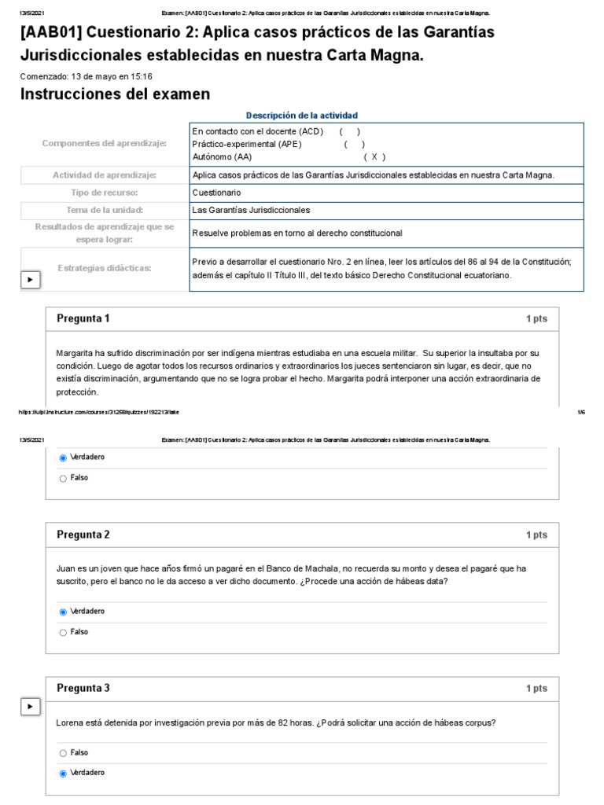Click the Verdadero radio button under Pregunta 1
point(63,457)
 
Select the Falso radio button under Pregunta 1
point(63,478)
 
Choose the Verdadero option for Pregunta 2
point(63,611)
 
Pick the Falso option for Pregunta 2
point(63,632)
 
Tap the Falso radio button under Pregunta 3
point(63,752)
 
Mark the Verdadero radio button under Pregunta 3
point(63,773)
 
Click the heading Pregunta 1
point(83,318)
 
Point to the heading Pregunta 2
point(83,535)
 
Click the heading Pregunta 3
point(83,688)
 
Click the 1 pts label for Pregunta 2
point(536,535)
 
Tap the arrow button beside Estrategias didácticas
point(30,279)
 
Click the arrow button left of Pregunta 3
point(30,707)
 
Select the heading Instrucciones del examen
point(115,95)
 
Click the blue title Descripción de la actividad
point(302,115)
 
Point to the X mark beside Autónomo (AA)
point(374,156)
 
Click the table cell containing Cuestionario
point(386,193)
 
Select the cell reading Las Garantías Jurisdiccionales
point(386,210)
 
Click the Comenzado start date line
point(86,76)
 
